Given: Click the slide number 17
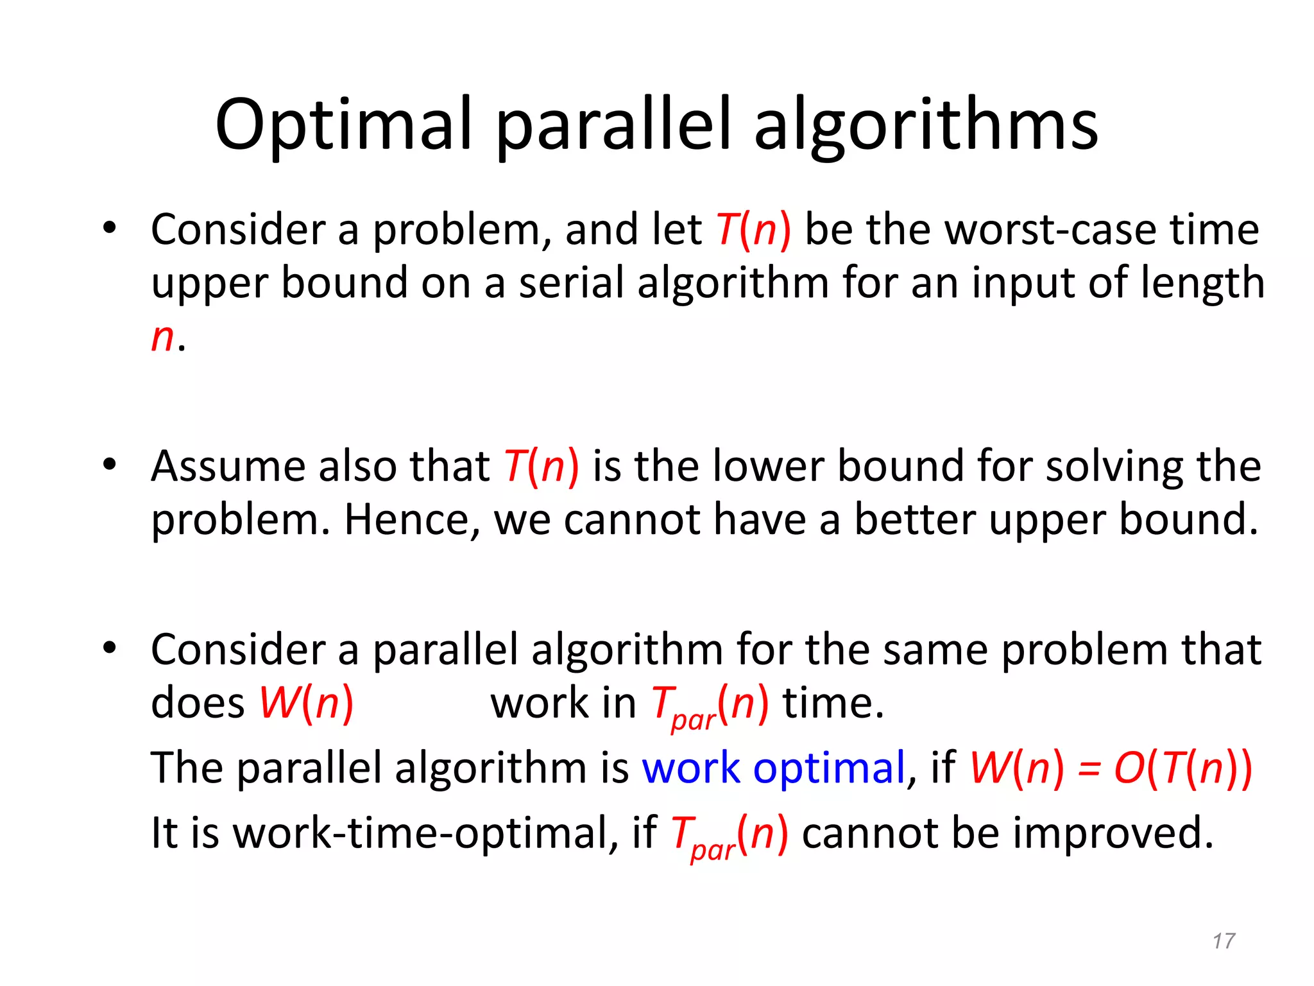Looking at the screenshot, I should pos(1224,941).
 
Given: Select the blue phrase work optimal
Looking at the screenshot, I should pos(773,768).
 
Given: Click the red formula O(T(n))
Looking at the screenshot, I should pos(1182,768).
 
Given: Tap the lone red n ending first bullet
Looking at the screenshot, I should pos(162,338).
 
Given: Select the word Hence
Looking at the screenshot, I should pos(411,519).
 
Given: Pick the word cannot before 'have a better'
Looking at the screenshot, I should pos(631,519).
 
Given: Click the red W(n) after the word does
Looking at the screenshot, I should pos(306,703).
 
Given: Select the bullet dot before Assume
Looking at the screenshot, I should pos(109,464).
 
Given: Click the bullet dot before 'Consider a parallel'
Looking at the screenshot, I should pos(109,648).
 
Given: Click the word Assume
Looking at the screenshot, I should pos(228,466).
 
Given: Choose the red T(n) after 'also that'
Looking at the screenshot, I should pos(541,466).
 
